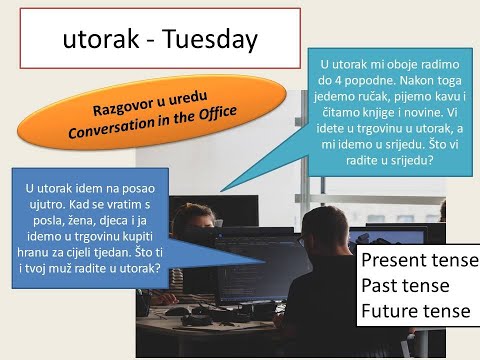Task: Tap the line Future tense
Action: coord(415,311)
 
